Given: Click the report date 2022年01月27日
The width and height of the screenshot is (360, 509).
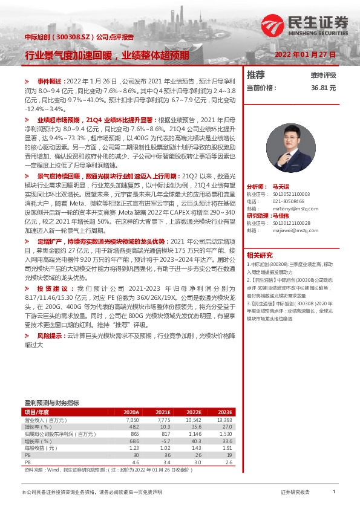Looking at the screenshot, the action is point(304,54).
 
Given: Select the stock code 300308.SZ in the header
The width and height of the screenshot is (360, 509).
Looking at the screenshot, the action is point(73,37).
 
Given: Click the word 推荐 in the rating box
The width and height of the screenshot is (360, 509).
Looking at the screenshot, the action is point(256,75).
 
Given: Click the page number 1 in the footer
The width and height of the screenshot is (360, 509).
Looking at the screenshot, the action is point(333,492).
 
